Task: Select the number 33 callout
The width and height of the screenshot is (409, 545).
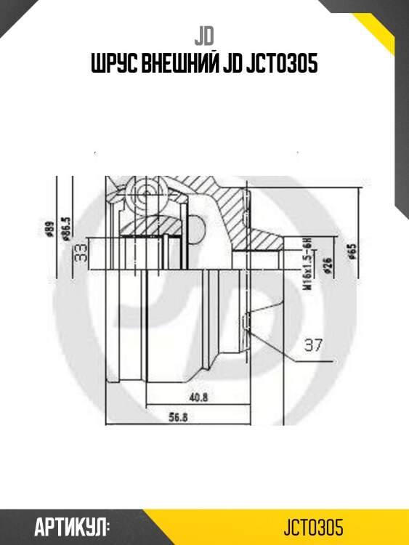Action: (81, 252)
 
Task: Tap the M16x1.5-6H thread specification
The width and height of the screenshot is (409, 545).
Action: (306, 265)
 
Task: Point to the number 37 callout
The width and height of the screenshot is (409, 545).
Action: (312, 346)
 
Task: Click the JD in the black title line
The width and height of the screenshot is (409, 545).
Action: (236, 65)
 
